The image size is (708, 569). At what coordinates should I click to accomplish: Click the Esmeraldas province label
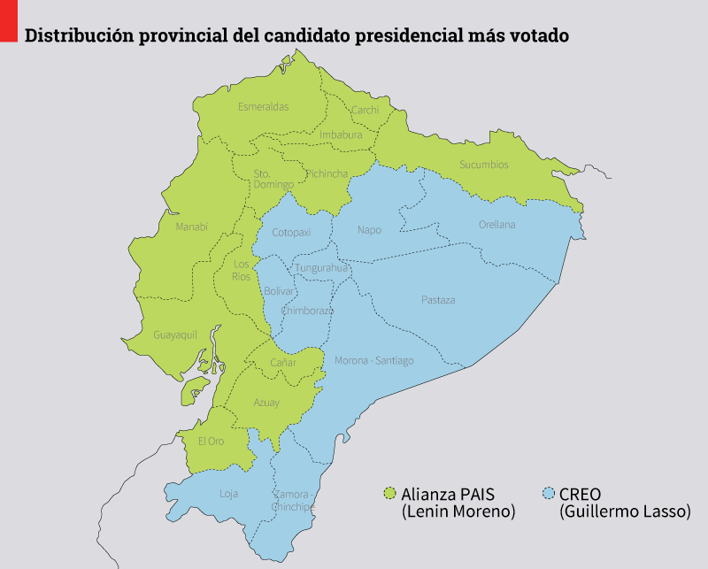(x=263, y=107)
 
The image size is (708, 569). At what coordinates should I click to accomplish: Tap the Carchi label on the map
(x=365, y=111)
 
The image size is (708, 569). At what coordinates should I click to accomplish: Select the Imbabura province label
(x=341, y=135)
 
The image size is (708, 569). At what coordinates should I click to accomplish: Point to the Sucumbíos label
(x=484, y=165)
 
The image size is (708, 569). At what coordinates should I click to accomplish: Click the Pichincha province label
(x=327, y=174)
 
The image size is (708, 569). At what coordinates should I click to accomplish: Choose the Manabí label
(x=191, y=227)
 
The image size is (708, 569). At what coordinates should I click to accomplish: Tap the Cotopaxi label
(x=291, y=233)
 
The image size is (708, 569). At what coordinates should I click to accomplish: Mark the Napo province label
(x=369, y=230)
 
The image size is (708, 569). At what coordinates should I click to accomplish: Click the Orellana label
(x=496, y=225)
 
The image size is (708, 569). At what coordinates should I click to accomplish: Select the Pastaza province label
(x=438, y=300)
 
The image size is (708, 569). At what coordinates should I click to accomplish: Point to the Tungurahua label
(x=322, y=268)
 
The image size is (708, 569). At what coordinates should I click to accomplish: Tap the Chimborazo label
(x=307, y=311)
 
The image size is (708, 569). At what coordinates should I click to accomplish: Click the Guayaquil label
(x=174, y=335)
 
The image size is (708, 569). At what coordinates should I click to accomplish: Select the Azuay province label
(x=266, y=403)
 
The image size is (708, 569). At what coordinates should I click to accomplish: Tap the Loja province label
(x=228, y=494)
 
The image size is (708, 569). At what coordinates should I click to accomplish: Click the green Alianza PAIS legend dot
(x=389, y=493)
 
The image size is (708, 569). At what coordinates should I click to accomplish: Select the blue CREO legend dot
(x=549, y=493)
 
